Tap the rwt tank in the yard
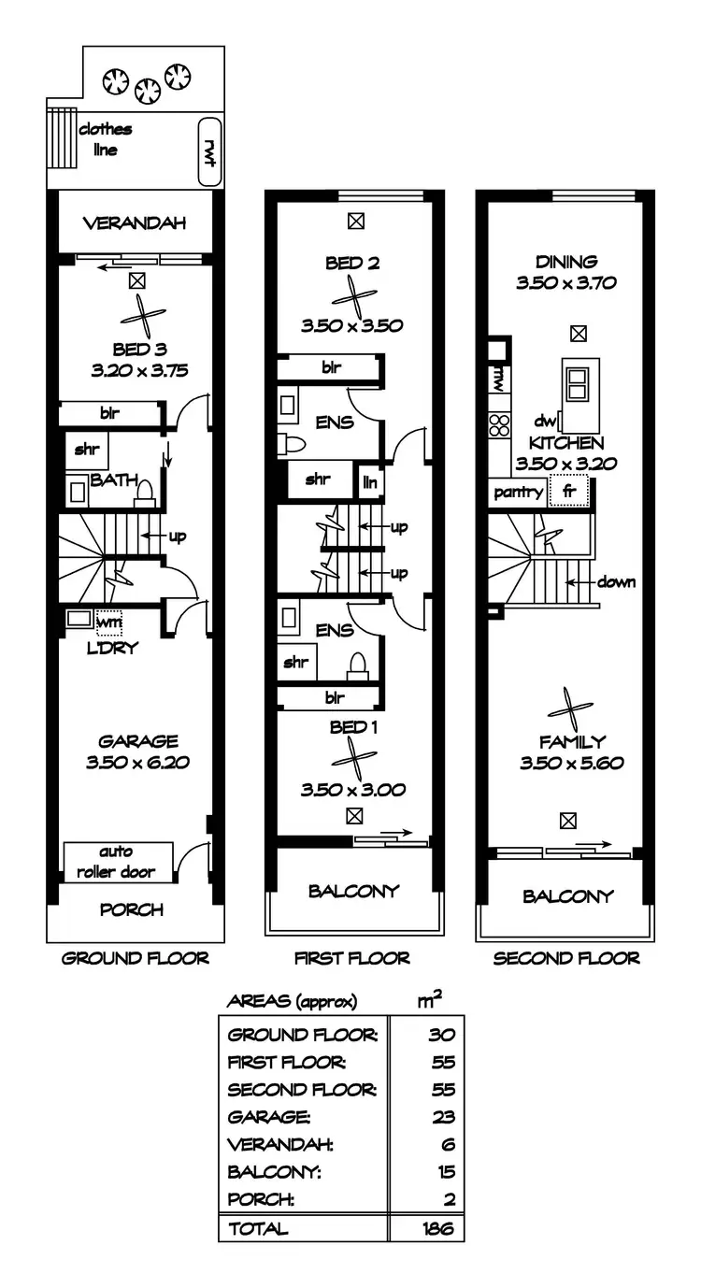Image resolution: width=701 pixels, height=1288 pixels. click(208, 149)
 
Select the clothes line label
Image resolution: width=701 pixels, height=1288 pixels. click(105, 139)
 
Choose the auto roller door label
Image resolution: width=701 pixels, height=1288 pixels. click(118, 862)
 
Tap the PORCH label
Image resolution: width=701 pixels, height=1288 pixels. click(131, 909)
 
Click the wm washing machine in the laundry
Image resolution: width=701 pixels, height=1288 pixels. click(109, 620)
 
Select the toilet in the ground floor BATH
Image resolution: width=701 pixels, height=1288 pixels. click(145, 493)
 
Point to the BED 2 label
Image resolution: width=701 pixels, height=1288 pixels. click(352, 264)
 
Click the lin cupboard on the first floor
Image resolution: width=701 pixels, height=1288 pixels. click(371, 481)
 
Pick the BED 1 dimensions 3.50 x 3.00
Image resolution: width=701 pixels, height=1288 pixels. click(352, 790)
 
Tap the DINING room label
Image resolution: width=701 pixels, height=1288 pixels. click(566, 262)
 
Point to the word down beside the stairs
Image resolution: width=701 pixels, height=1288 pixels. click(616, 582)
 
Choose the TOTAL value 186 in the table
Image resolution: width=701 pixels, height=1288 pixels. click(436, 1228)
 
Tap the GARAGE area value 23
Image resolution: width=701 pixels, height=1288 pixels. click(444, 1116)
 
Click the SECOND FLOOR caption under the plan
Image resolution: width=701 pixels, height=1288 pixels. click(566, 958)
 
